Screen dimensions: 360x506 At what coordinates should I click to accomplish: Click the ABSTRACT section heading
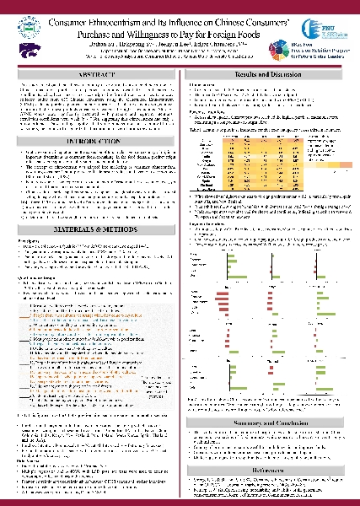click(x=90, y=76)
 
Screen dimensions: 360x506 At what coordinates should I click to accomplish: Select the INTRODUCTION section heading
click(x=90, y=144)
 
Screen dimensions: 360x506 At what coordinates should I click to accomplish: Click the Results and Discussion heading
click(x=270, y=76)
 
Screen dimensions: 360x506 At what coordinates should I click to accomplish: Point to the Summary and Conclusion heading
click(x=270, y=420)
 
